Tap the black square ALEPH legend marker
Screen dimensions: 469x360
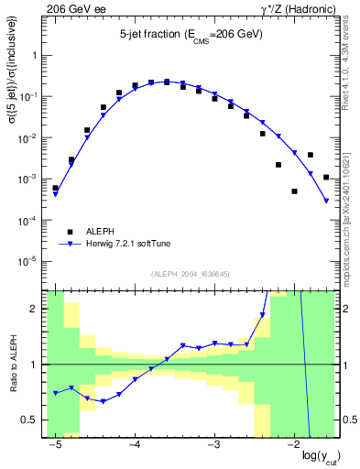point(70,231)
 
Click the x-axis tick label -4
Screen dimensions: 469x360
point(135,445)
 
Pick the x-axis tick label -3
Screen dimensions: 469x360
point(214,445)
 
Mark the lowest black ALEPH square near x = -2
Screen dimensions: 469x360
point(294,191)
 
